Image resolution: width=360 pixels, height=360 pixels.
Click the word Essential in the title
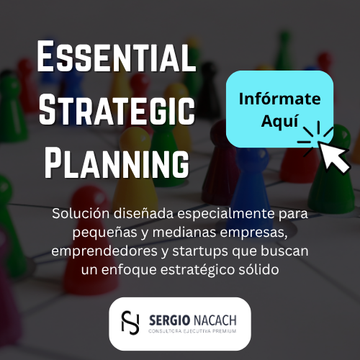[x=117, y=56]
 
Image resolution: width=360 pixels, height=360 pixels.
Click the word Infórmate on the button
[x=279, y=99]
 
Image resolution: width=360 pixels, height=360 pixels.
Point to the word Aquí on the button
[x=279, y=121]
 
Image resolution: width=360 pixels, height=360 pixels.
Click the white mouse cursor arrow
[x=333, y=157]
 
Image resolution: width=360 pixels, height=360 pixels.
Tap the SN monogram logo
[x=130, y=323]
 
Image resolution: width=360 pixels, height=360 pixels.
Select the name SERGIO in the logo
[x=169, y=320]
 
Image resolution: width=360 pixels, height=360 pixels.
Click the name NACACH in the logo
[x=215, y=320]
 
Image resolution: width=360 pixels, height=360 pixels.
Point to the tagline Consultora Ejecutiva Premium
[x=192, y=331]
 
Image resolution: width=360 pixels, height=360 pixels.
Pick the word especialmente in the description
[x=226, y=215]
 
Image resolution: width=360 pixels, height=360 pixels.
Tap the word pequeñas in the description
[x=104, y=233]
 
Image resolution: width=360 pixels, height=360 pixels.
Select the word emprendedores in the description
[x=104, y=251]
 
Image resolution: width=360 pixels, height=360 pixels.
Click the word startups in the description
[x=200, y=252]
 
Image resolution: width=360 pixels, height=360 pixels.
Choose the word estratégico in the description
[x=197, y=270]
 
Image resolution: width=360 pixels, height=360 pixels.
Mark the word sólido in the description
[x=258, y=269]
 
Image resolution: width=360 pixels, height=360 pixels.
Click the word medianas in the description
[x=184, y=233]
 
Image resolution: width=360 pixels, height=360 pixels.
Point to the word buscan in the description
[x=284, y=251]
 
